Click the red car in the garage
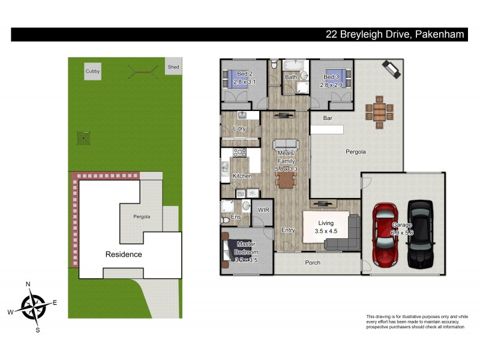click(384, 235)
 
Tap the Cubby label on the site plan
click(92, 71)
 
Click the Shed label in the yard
click(173, 67)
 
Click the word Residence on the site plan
click(124, 254)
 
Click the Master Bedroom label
click(246, 247)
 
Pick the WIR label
click(263, 209)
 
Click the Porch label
click(313, 263)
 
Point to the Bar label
click(328, 118)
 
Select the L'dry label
click(239, 129)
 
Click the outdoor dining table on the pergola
click(379, 112)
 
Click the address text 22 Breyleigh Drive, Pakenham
click(394, 35)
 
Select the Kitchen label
click(242, 176)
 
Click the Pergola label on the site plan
click(142, 217)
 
